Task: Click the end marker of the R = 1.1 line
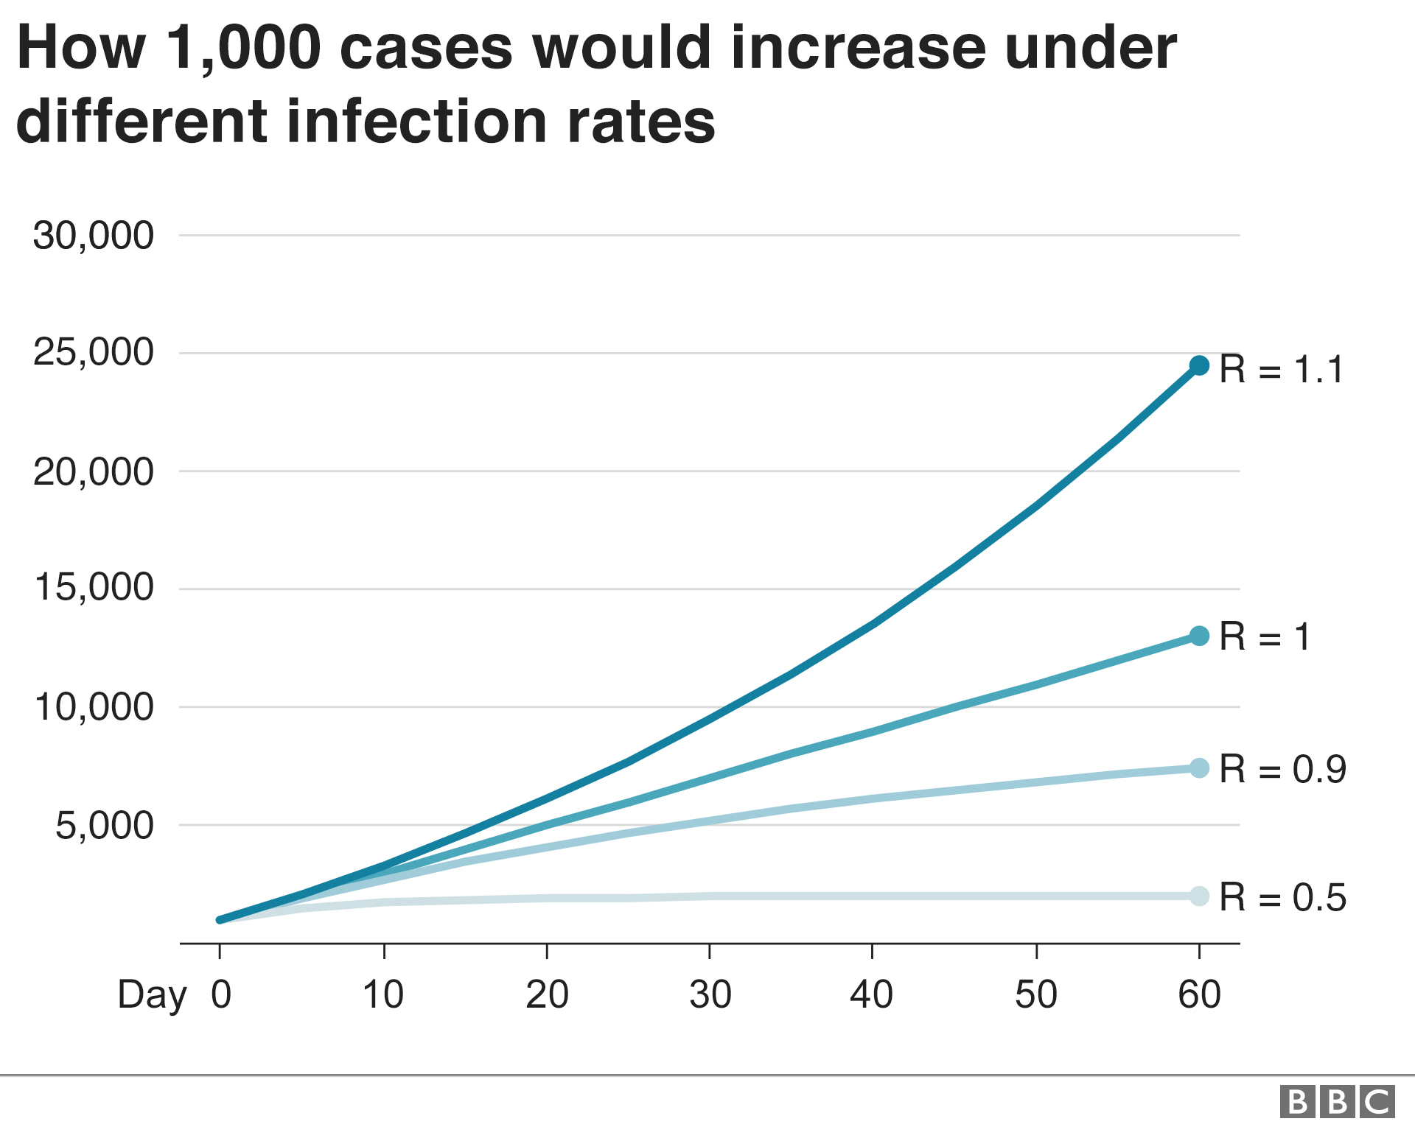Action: (x=1199, y=365)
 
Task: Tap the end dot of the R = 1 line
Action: (x=1199, y=636)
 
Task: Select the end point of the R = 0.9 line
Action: (x=1199, y=768)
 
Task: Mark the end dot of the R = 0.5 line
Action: (x=1199, y=896)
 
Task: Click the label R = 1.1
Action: (x=1281, y=369)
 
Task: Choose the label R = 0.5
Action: (x=1282, y=897)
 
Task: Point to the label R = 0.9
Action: (x=1282, y=770)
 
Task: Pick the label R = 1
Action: (x=1265, y=636)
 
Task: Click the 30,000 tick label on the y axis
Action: (x=94, y=236)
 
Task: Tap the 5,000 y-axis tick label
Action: (x=105, y=826)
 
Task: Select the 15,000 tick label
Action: (x=94, y=588)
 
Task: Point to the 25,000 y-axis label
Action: (x=94, y=352)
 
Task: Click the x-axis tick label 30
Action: (x=710, y=994)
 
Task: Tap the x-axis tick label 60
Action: (x=1199, y=994)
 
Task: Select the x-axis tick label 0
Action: (x=221, y=994)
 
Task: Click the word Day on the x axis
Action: (x=152, y=996)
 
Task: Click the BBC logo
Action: (x=1337, y=1103)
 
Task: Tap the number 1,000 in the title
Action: (x=244, y=49)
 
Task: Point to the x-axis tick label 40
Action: (x=871, y=994)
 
